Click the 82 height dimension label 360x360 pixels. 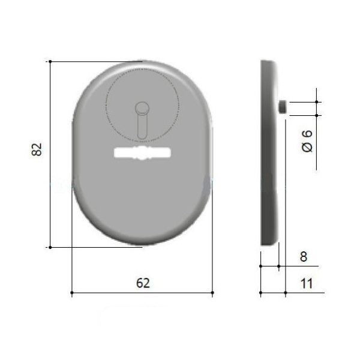click(37, 149)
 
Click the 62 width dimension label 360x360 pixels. click(143, 283)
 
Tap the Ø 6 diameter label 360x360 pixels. click(307, 141)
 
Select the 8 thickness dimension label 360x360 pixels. click(304, 256)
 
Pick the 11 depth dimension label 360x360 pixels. click(307, 284)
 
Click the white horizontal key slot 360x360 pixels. click(142, 153)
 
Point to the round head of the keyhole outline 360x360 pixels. click(142, 108)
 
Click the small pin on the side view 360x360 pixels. click(283, 107)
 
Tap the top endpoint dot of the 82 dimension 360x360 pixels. click(50, 62)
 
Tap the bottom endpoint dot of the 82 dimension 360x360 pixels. click(50, 247)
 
